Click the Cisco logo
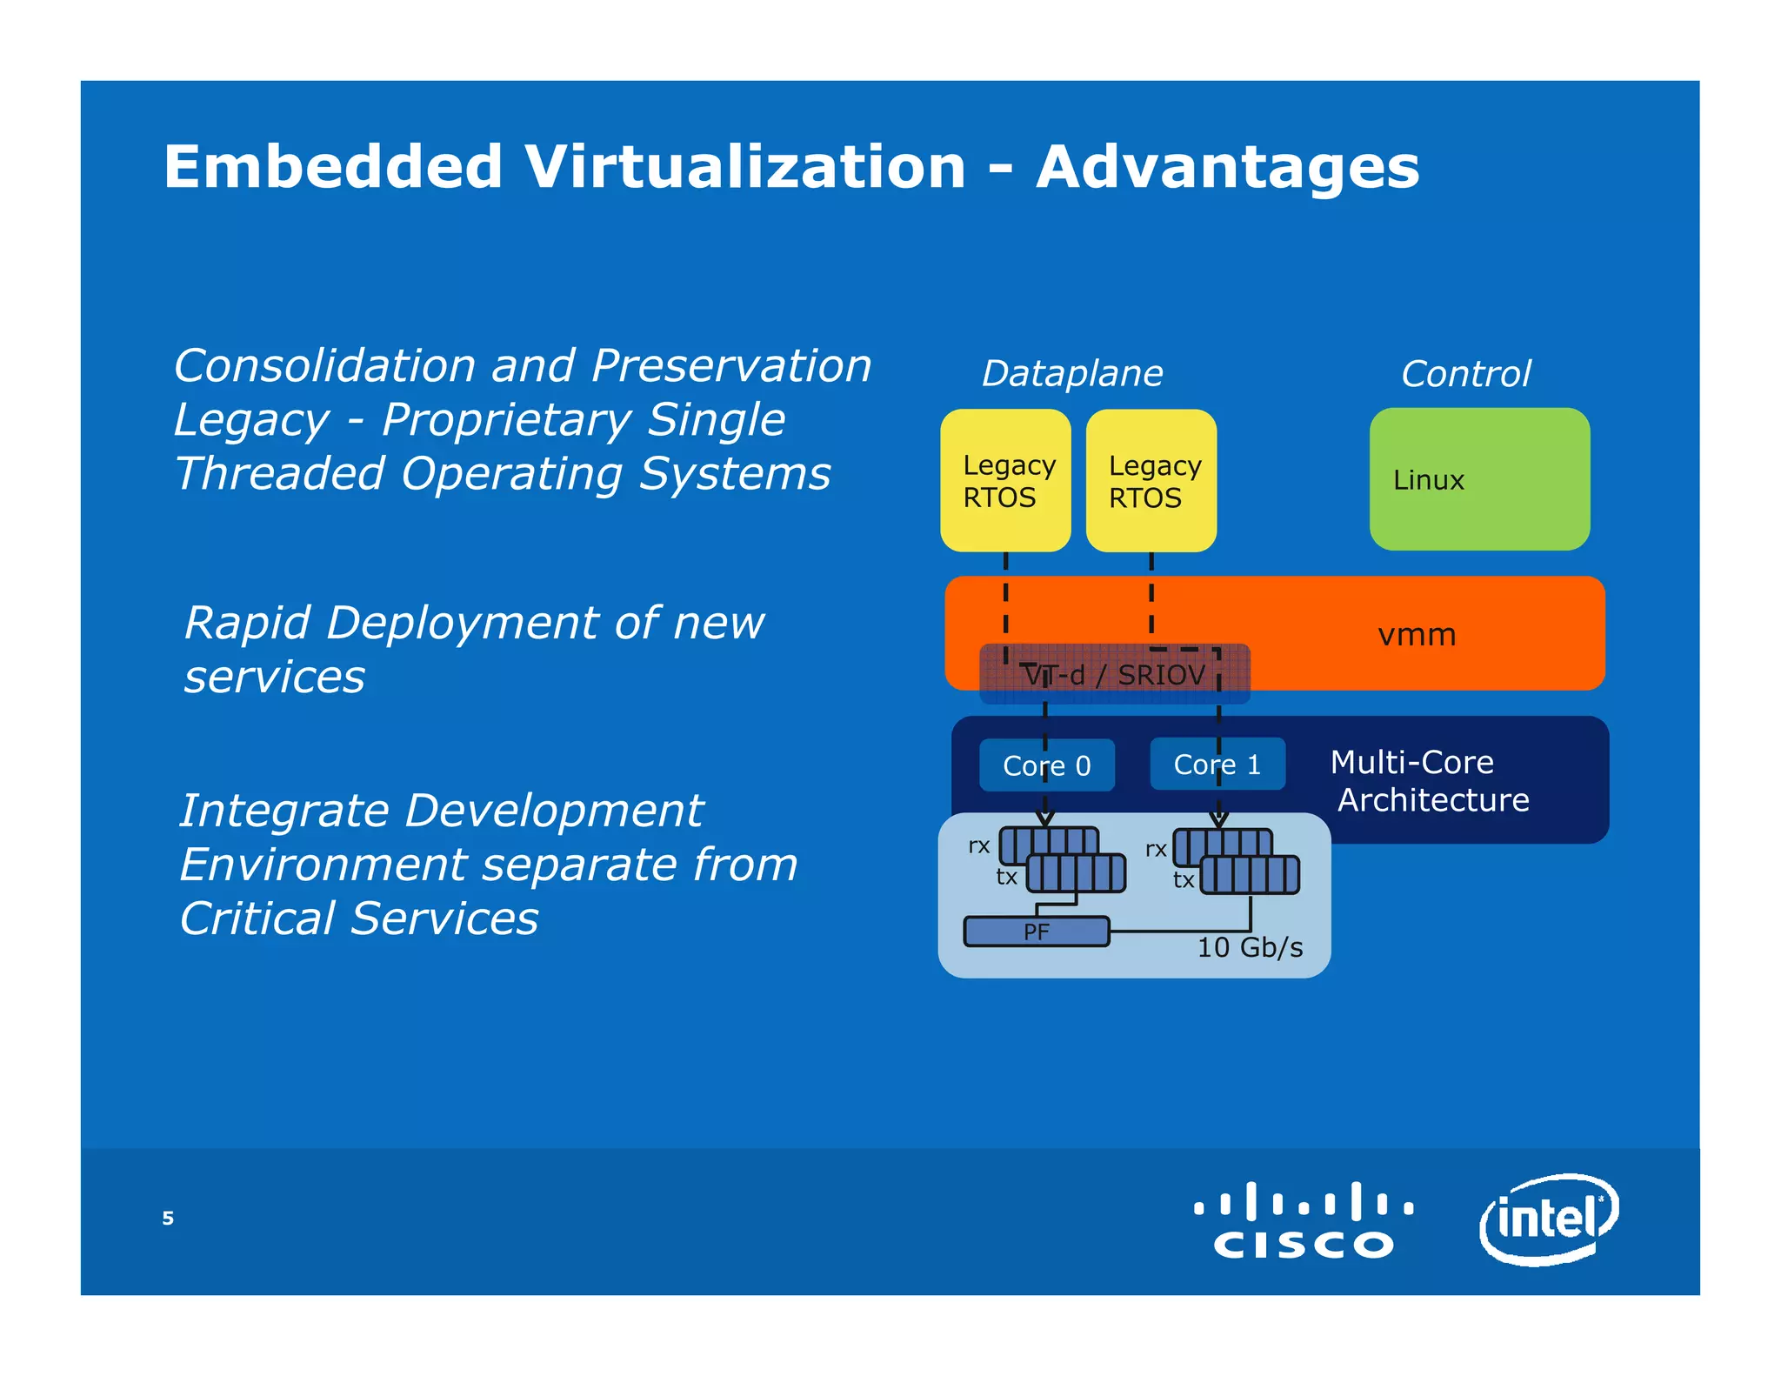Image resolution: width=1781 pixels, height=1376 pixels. pos(1304,1219)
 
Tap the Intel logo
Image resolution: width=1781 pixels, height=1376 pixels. pos(1549,1218)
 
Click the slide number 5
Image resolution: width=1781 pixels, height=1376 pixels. pos(168,1218)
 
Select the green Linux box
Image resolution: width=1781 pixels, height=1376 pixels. pos(1478,479)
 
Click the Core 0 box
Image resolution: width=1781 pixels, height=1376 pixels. pos(1046,765)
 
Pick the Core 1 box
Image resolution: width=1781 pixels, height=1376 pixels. pos(1217,765)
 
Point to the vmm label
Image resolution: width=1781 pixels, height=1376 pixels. pos(1417,634)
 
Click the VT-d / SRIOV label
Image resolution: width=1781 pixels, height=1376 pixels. pos(1115,675)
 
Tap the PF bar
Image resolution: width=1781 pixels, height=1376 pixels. pos(1036,932)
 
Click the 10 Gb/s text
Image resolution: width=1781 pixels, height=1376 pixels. pos(1250,947)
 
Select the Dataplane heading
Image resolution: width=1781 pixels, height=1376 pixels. pos(1071,373)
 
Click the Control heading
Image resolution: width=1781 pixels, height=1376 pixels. pos(1465,374)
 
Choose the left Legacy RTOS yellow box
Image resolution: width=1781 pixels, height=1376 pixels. pos(1005,480)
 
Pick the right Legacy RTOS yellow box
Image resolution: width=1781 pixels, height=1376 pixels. pos(1151,481)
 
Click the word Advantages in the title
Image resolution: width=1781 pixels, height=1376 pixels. pos(1227,167)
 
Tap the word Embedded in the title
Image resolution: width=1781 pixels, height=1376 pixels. pos(333,167)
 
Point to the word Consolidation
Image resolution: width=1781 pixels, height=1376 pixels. pos(324,365)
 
